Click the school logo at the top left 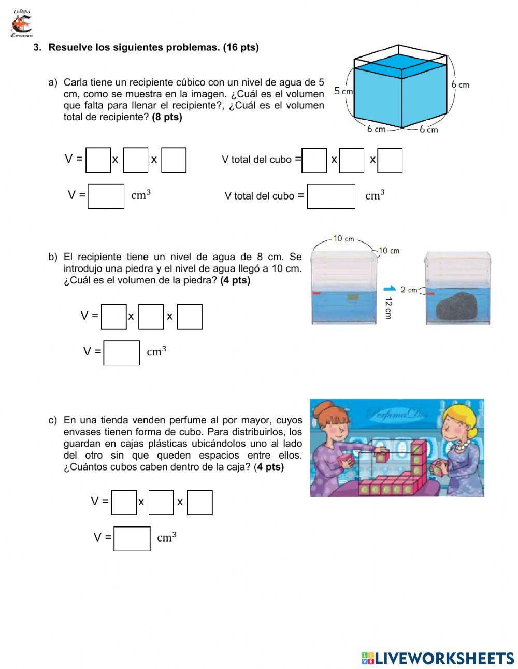[x=21, y=23]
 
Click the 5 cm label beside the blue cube [x=343, y=91]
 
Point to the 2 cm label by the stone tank [x=409, y=290]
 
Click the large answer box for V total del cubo [x=331, y=196]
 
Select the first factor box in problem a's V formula [x=98, y=160]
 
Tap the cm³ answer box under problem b [x=122, y=352]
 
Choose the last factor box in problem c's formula [x=200, y=502]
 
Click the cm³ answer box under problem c [x=132, y=538]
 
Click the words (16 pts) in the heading [x=240, y=48]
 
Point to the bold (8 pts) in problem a [x=167, y=117]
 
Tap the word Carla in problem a [x=75, y=82]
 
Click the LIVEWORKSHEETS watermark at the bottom [x=438, y=658]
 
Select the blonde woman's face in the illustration [x=455, y=428]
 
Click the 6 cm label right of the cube [x=460, y=84]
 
